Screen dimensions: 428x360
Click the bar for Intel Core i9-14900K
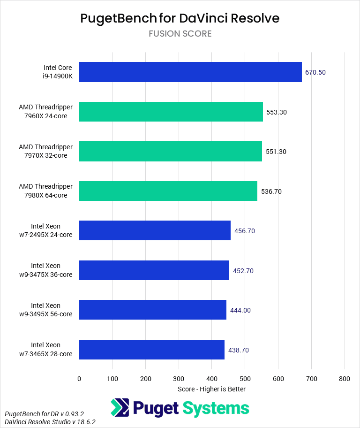click(190, 72)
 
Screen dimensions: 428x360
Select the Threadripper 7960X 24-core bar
click(171, 112)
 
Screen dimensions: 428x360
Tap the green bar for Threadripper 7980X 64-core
click(168, 191)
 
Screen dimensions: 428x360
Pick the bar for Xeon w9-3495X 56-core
click(153, 310)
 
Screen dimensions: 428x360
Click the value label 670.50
click(315, 72)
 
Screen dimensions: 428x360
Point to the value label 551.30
click(276, 152)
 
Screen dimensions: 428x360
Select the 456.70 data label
click(245, 231)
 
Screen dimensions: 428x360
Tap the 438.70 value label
click(239, 350)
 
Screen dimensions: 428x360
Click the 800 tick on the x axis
click(345, 378)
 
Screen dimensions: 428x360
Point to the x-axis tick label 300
click(179, 378)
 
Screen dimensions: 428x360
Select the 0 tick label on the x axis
click(79, 378)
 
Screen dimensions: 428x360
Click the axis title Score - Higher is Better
click(211, 389)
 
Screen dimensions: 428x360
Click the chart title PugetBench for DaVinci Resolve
click(180, 18)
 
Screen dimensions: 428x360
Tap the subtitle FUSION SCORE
click(180, 34)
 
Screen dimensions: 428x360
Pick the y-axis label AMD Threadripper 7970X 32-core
click(45, 152)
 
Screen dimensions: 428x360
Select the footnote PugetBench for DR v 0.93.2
click(44, 414)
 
